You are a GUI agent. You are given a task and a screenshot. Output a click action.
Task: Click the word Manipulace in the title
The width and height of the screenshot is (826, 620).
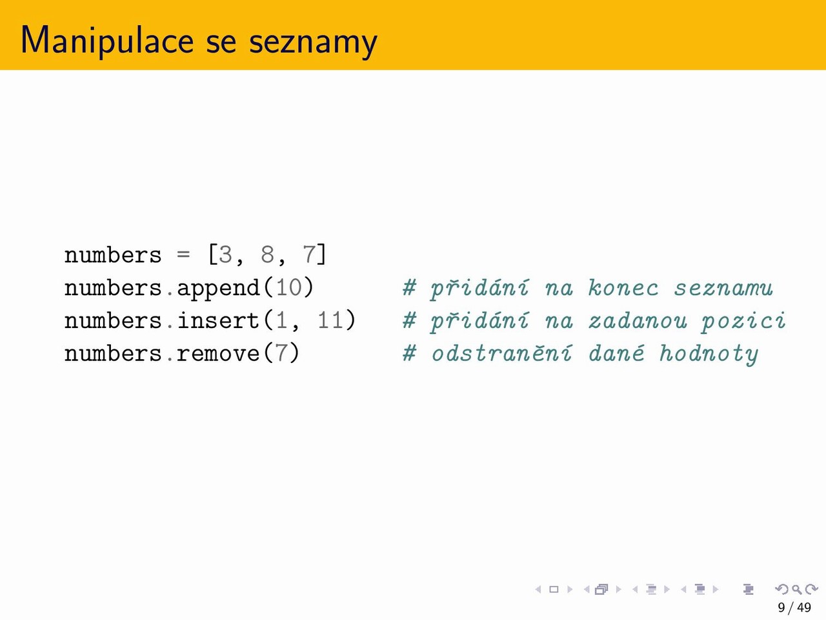[107, 41]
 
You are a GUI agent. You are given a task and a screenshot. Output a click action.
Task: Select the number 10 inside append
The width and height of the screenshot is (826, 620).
[289, 288]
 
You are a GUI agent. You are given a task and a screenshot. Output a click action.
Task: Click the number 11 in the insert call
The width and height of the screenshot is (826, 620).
[331, 321]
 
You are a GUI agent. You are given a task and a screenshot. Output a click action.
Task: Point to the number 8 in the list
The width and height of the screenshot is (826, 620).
[268, 255]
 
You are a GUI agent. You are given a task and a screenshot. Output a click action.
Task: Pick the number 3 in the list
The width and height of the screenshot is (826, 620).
[225, 255]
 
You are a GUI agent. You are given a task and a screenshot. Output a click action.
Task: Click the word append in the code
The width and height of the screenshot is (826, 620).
[219, 289]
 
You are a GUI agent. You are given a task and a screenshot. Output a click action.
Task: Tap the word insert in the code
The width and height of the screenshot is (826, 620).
[219, 320]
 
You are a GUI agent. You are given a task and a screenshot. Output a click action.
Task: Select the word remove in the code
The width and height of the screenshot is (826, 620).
[219, 354]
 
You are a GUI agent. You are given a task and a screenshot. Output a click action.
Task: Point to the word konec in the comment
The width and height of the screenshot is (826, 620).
[623, 288]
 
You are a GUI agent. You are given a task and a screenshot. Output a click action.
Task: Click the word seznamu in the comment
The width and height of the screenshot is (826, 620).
[723, 289]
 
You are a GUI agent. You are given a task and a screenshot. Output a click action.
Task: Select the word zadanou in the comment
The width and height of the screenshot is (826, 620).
[638, 321]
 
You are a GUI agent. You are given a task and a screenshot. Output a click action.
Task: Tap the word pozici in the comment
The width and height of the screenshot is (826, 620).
[744, 322]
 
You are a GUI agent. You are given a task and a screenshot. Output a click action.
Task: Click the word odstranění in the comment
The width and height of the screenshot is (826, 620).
[502, 353]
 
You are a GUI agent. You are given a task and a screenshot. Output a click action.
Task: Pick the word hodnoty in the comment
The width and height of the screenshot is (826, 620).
[709, 355]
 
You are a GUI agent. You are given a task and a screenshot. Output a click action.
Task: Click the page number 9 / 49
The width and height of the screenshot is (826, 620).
[794, 608]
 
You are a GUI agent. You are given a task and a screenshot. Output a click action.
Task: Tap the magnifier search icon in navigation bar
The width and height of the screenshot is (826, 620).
[796, 589]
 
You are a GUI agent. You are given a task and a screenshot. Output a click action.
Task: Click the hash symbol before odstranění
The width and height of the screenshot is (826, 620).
[410, 353]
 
